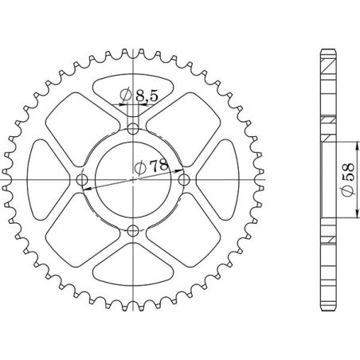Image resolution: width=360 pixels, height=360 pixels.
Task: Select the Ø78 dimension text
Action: tap(148, 166)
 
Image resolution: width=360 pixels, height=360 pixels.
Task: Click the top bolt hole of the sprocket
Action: tap(133, 128)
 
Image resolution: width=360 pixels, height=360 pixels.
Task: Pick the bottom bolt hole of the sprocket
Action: tap(133, 232)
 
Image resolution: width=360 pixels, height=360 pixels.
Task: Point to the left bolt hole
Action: tap(81, 180)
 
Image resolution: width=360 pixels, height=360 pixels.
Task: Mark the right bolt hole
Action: tap(185, 180)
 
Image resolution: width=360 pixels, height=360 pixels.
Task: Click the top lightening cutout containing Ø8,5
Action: tap(133, 92)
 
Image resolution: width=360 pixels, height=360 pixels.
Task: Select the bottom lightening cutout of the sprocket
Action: tap(133, 267)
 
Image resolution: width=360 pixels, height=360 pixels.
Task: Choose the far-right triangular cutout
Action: tap(219, 180)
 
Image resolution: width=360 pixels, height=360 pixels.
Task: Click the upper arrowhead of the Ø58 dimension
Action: tap(351, 146)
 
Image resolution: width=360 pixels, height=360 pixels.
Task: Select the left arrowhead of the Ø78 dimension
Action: tap(87, 187)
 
